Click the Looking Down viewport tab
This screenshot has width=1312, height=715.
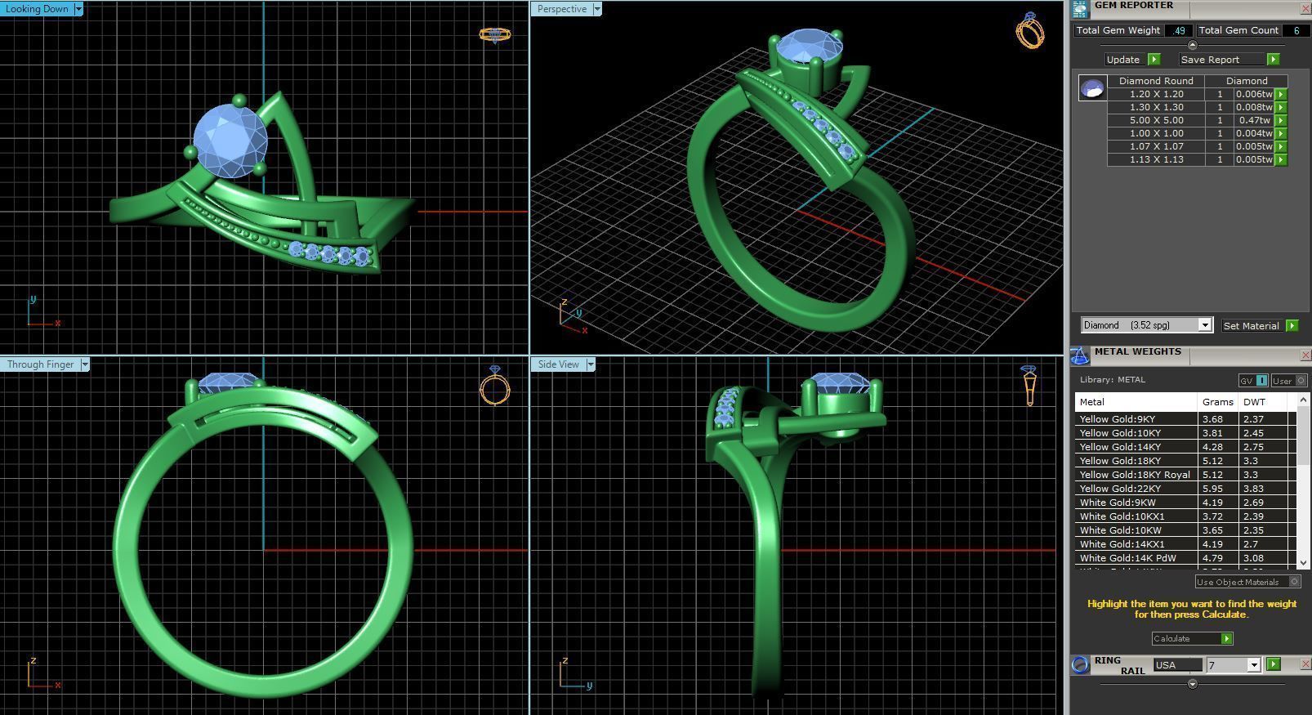coord(38,9)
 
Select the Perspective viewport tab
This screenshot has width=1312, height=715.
coord(562,9)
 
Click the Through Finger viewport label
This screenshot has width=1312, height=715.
coord(40,364)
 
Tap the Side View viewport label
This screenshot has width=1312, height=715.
coord(559,364)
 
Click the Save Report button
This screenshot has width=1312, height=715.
coord(1210,60)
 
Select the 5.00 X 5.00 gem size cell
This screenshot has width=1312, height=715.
coord(1156,120)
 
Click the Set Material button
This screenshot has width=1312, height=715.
coord(1251,325)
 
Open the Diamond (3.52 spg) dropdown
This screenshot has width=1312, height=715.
coord(1145,325)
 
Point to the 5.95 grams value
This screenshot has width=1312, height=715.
coord(1212,489)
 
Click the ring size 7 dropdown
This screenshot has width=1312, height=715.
coord(1234,665)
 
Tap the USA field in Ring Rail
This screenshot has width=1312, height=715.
coord(1176,665)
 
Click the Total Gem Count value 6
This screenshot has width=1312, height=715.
coord(1296,30)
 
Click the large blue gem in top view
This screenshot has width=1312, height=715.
coord(230,141)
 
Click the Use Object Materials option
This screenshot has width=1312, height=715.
coord(1238,582)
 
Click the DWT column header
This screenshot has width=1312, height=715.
coord(1254,402)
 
